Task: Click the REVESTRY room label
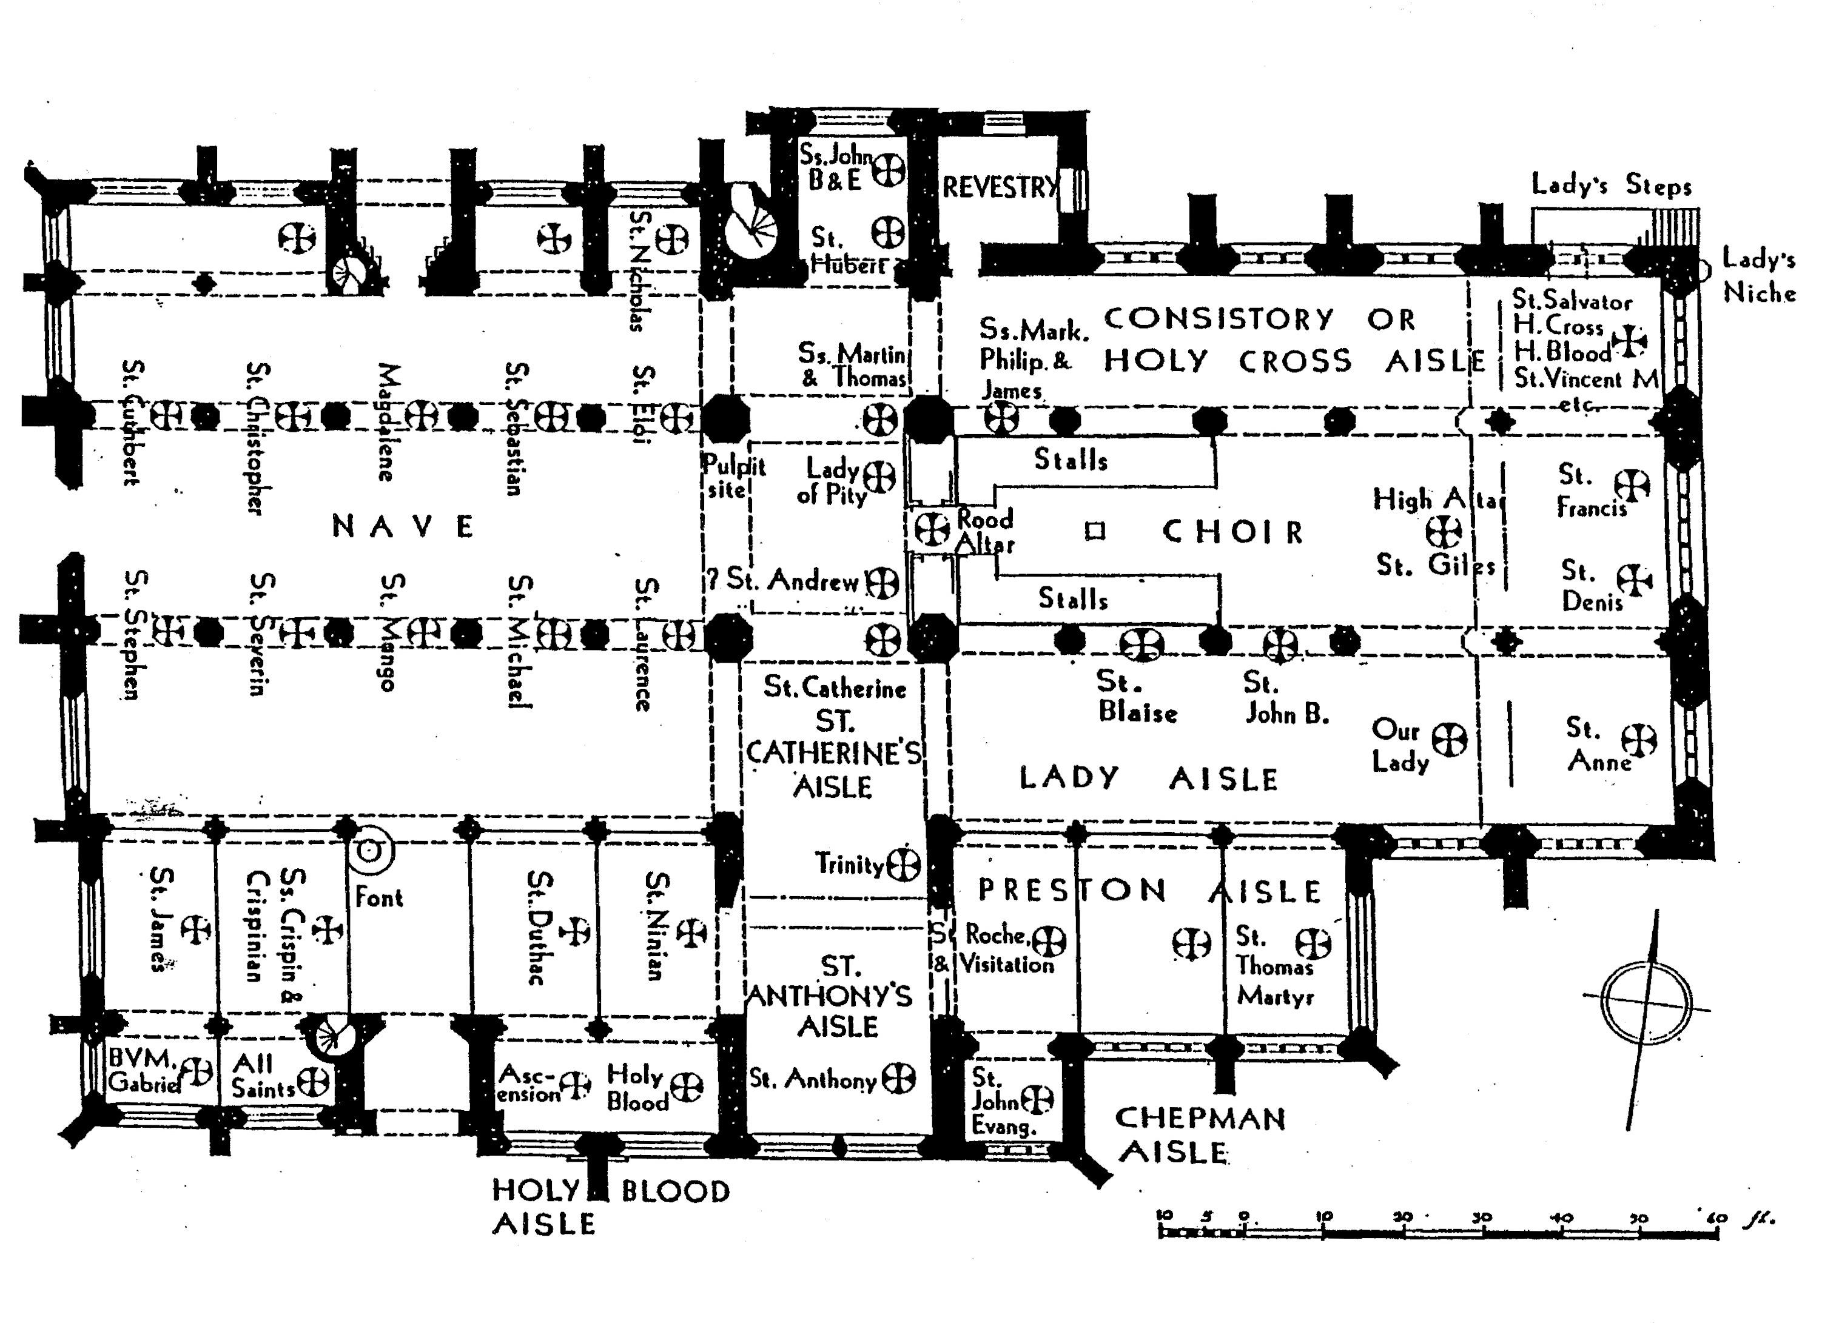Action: point(1000,188)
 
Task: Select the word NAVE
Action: point(403,527)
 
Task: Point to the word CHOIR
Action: point(1232,532)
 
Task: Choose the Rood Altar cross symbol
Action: point(932,529)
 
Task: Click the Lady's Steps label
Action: point(1611,186)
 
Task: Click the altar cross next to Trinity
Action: point(903,865)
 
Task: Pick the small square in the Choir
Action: point(1095,532)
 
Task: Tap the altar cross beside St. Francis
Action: point(1630,486)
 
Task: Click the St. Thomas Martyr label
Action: point(1274,966)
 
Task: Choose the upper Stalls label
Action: point(1071,460)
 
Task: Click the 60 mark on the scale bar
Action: point(1716,1217)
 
